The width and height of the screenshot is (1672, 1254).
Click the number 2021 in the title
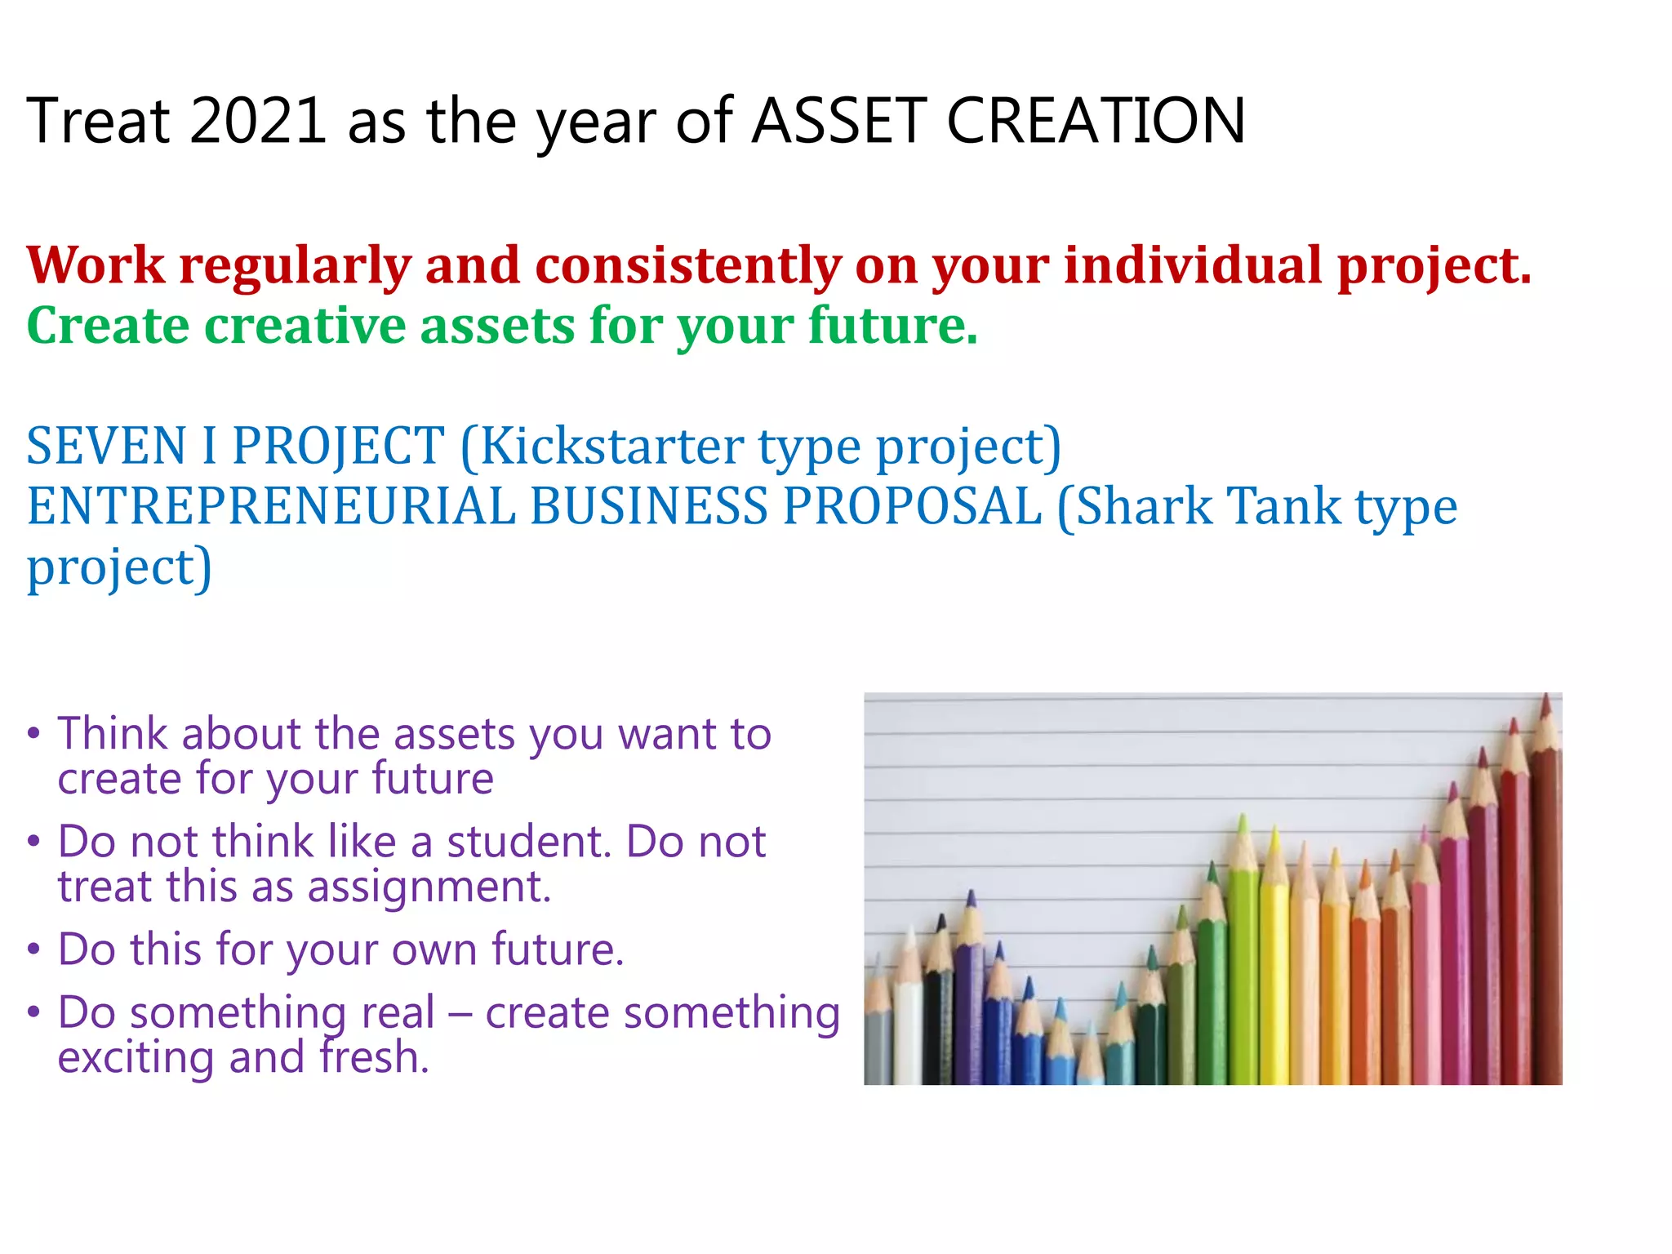tap(258, 121)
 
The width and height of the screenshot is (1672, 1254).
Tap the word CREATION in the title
tap(1096, 121)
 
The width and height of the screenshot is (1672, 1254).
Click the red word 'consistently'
tap(687, 266)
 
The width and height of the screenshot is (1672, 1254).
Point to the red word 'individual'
tap(1193, 266)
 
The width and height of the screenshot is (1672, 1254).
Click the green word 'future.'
tap(893, 326)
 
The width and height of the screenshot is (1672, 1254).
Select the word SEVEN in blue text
tap(107, 447)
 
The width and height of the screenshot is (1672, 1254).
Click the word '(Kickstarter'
tap(602, 447)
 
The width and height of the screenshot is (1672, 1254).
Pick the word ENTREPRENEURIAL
tap(271, 506)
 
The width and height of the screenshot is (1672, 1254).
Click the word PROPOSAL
tap(912, 506)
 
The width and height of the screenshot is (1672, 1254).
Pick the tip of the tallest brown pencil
tap(1545, 696)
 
